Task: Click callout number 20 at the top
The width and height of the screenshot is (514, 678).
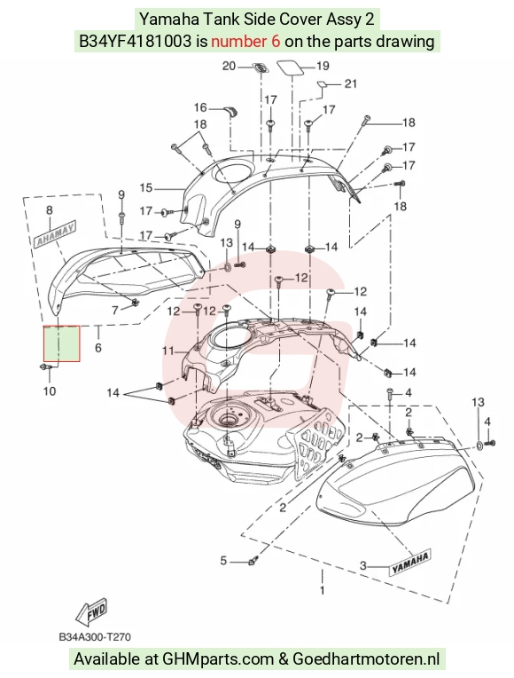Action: click(x=229, y=67)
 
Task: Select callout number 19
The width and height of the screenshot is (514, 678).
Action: click(x=323, y=67)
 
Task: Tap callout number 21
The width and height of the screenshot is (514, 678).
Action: click(x=351, y=83)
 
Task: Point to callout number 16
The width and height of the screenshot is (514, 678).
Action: click(x=200, y=107)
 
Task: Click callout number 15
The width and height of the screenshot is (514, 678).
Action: click(x=146, y=188)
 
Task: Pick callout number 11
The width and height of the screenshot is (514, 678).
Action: click(x=168, y=351)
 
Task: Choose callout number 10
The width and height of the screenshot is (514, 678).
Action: click(x=50, y=391)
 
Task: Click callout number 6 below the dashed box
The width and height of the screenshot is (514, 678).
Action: click(x=98, y=347)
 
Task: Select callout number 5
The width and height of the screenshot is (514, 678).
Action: click(x=223, y=561)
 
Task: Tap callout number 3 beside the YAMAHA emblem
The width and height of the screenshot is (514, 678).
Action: click(x=363, y=565)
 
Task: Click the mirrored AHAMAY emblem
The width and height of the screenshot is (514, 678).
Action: click(x=55, y=234)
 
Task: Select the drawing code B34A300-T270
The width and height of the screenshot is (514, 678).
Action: click(x=95, y=637)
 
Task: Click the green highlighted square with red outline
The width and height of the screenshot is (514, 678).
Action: click(x=62, y=343)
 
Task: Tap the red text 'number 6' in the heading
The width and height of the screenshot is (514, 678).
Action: click(x=245, y=42)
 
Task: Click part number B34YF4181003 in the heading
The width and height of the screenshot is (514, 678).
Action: click(x=135, y=42)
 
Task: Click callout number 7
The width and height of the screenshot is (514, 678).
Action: click(x=115, y=310)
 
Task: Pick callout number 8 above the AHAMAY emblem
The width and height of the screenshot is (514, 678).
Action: click(x=50, y=210)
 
